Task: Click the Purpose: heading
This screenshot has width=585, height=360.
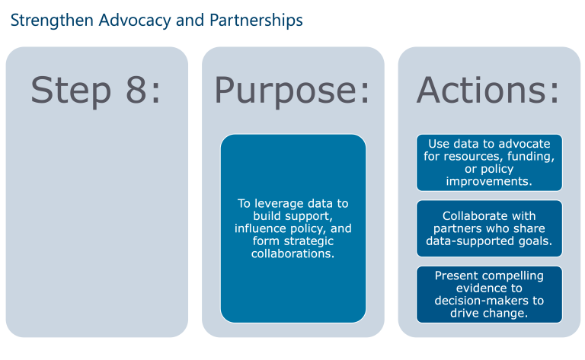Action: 292,90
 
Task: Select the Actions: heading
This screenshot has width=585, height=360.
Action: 488,90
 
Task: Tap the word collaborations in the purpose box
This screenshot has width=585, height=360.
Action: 292,253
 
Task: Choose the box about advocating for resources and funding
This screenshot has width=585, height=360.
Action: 489,162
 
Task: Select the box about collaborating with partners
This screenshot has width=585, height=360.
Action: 489,228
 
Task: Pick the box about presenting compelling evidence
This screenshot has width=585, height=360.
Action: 489,294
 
